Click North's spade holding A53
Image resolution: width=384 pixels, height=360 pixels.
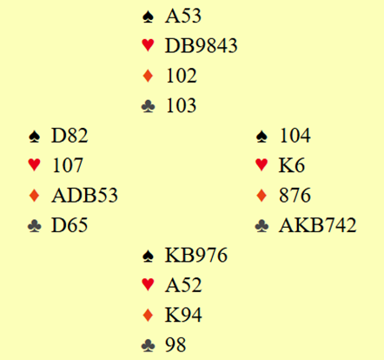[183, 16]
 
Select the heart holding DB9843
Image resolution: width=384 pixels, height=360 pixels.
[201, 45]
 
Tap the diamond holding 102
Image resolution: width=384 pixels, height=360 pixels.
[182, 76]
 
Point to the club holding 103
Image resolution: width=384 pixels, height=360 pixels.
[182, 105]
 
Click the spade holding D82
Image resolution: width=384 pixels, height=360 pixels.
[70, 136]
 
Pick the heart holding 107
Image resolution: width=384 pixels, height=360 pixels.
[68, 165]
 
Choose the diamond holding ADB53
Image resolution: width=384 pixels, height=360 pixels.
[84, 195]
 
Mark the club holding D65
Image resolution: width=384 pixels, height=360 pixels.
[70, 225]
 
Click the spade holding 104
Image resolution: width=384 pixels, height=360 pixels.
[295, 136]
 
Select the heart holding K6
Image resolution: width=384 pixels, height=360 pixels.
[292, 165]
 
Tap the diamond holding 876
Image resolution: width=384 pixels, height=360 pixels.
[295, 195]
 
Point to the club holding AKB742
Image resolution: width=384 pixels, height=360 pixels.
[317, 225]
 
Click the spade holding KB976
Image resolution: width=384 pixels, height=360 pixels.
[196, 255]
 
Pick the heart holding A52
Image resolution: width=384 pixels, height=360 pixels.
[183, 285]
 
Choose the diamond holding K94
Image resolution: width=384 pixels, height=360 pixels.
[183, 315]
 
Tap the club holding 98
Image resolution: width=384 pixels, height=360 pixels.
[175, 344]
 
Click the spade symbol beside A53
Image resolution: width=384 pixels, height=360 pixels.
[148, 17]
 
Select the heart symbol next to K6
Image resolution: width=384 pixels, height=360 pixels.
[262, 165]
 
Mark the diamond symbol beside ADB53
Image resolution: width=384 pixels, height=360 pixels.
[34, 196]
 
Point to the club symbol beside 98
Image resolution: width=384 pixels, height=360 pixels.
[148, 345]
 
